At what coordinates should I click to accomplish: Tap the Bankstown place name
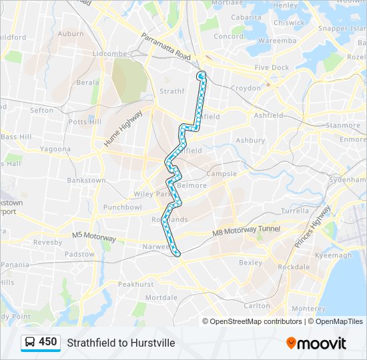pyautogui.click(x=86, y=180)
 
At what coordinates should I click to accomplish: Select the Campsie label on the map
pyautogui.click(x=222, y=174)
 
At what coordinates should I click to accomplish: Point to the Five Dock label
pyautogui.click(x=272, y=67)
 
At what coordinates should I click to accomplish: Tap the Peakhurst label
pyautogui.click(x=135, y=284)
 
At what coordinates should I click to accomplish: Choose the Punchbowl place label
pyautogui.click(x=123, y=207)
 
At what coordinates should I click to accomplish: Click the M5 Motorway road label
pyautogui.click(x=93, y=237)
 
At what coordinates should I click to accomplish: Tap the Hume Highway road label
pyautogui.click(x=123, y=129)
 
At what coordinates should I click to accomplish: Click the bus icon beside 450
pyautogui.click(x=30, y=343)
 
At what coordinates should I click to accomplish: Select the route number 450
pyautogui.click(x=48, y=342)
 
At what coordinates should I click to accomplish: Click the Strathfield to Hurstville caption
pyautogui.click(x=121, y=343)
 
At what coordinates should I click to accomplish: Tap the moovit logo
pyautogui.click(x=316, y=343)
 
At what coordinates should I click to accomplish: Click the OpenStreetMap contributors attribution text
pyautogui.click(x=256, y=321)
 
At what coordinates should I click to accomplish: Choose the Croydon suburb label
pyautogui.click(x=246, y=88)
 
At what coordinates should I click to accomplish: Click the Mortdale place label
pyautogui.click(x=161, y=297)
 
